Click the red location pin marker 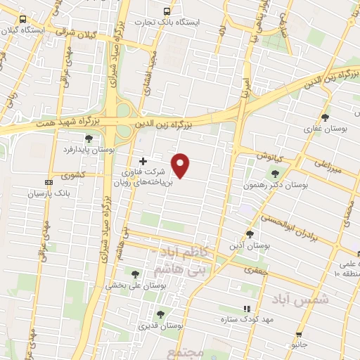pyautogui.click(x=181, y=165)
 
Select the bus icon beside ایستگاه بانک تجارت pyautogui.click(x=167, y=11)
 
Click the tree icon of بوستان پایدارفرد pyautogui.click(x=88, y=139)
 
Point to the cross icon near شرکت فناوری pyautogui.click(x=143, y=161)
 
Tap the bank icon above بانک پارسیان pyautogui.click(x=47, y=181)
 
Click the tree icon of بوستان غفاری pyautogui.click(x=324, y=117)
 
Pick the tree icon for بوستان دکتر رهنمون pyautogui.click(x=274, y=174)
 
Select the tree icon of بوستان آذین pyautogui.click(x=250, y=234)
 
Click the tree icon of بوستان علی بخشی pyautogui.click(x=135, y=274)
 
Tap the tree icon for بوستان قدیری pyautogui.click(x=160, y=315)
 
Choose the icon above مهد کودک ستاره pyautogui.click(x=246, y=309)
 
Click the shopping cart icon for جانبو pyautogui.click(x=300, y=335)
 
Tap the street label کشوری pyautogui.click(x=74, y=174)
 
